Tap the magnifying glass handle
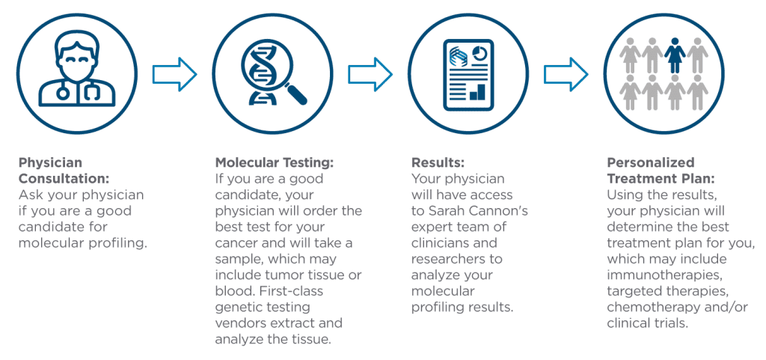296,94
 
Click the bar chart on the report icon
477,92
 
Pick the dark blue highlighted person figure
675,55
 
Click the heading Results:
438,162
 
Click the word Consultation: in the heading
64,180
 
